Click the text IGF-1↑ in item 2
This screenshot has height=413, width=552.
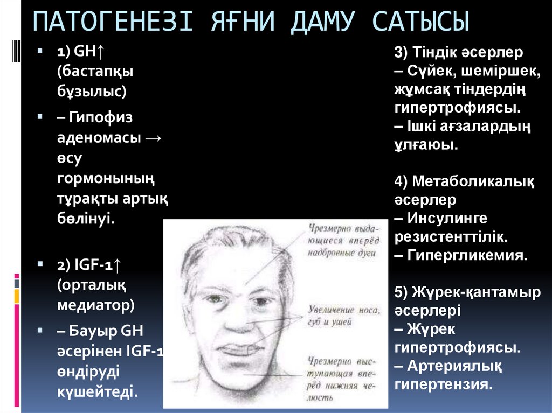click(x=88, y=265)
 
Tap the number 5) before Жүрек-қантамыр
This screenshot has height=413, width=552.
click(x=402, y=292)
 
